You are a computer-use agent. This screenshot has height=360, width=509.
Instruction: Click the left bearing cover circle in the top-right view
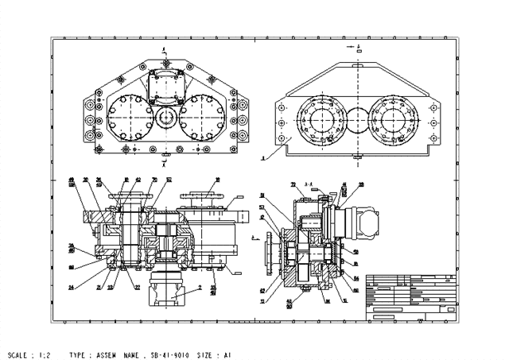tap(321, 118)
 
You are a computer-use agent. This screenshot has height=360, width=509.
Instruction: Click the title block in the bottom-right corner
tap(412, 298)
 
